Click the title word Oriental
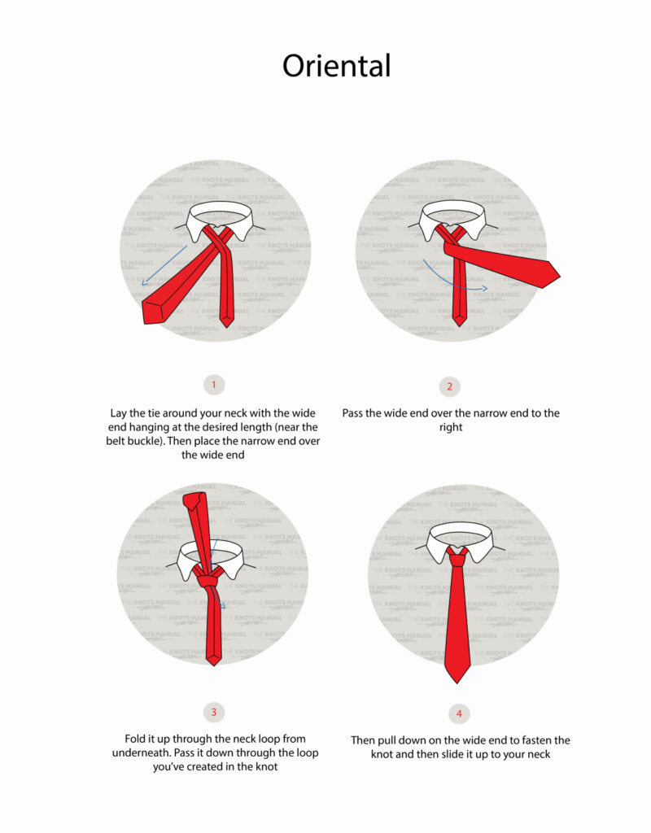tap(336, 67)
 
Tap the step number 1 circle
tap(213, 384)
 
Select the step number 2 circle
tap(449, 386)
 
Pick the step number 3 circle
tap(213, 713)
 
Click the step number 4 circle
tap(459, 713)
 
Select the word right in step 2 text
tap(450, 427)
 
